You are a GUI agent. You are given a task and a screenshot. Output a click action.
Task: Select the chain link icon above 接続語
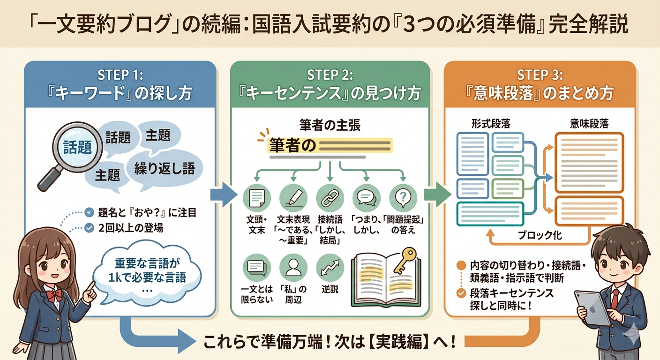(330, 198)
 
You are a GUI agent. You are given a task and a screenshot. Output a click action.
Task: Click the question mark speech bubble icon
(403, 198)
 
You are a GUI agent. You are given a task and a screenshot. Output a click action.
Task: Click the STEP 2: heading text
(330, 75)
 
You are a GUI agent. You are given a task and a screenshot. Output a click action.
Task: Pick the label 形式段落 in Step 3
(490, 124)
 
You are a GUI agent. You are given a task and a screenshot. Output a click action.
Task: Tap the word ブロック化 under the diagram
(540, 235)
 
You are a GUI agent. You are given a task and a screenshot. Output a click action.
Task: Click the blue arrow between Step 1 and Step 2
(224, 195)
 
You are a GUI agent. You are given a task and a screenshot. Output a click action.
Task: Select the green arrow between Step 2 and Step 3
(437, 195)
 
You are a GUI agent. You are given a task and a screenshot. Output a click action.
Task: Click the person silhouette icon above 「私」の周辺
(293, 267)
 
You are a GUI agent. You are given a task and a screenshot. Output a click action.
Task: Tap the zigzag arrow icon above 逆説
(330, 267)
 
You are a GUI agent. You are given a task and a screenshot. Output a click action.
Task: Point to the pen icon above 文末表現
(293, 198)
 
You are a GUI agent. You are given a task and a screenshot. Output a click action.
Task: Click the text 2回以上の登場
(130, 228)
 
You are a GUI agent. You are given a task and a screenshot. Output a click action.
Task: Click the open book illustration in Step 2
(386, 280)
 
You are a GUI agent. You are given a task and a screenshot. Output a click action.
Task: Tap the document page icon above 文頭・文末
(256, 198)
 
